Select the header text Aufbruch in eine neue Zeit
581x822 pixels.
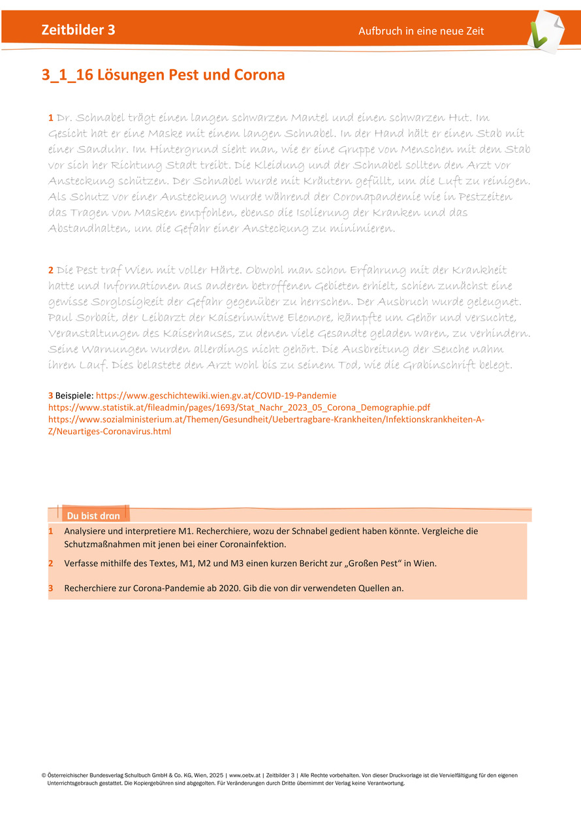(x=421, y=31)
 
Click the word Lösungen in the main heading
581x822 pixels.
(x=131, y=75)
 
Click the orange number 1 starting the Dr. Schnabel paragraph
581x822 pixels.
(x=51, y=118)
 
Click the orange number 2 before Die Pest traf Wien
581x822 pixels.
(x=51, y=270)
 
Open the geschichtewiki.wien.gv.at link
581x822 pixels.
(x=216, y=396)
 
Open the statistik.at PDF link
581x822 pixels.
(x=239, y=407)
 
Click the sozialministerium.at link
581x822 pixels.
(x=266, y=419)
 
